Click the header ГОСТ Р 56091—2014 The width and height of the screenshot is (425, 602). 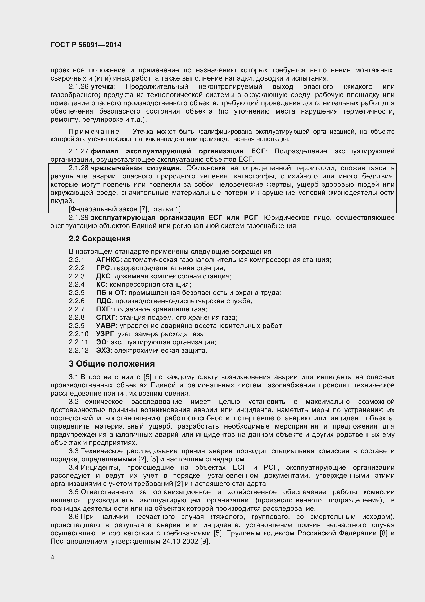tap(86, 45)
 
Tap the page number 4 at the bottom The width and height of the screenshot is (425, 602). tap(53, 557)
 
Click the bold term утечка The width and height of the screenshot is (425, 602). tap(102, 86)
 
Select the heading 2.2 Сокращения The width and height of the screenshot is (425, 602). tap(100, 239)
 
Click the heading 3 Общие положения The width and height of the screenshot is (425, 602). tap(112, 364)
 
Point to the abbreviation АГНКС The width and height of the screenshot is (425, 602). tap(108, 260)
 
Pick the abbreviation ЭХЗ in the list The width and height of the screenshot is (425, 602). tap(103, 351)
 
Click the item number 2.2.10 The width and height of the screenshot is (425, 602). tap(79, 334)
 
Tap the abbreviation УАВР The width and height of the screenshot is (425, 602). tap(106, 326)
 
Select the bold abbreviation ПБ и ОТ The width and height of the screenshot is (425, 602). tap(110, 293)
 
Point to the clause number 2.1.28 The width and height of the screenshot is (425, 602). tap(79, 168)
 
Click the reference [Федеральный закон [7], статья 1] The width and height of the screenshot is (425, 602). tap(125, 209)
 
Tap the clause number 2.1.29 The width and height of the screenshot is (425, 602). tap(79, 218)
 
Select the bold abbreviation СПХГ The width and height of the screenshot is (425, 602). tap(105, 318)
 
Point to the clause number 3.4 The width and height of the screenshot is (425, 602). tap(74, 467)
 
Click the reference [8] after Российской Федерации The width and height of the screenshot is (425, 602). tap(383, 533)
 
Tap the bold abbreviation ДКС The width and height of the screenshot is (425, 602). tap(103, 276)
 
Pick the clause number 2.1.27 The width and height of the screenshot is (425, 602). tap(79, 151)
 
